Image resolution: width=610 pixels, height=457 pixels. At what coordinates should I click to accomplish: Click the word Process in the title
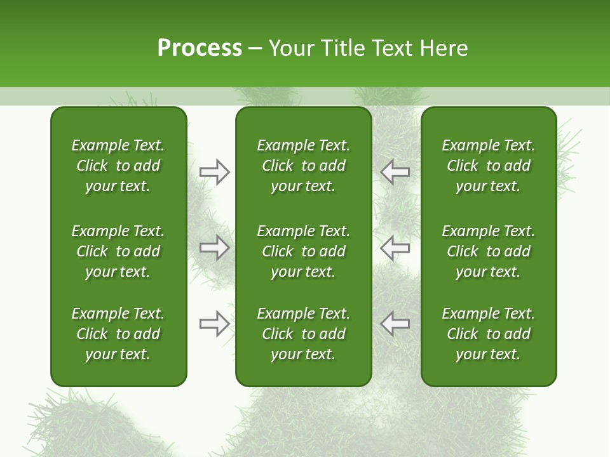point(200,48)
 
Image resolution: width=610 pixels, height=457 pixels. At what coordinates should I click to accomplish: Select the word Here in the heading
point(444,48)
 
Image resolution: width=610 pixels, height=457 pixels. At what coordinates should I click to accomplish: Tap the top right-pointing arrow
point(215,171)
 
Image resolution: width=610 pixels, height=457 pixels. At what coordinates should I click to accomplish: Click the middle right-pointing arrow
point(215,248)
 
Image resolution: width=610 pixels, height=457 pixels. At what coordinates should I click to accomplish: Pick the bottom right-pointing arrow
point(215,324)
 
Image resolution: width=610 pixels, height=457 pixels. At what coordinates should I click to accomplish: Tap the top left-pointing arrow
point(395,171)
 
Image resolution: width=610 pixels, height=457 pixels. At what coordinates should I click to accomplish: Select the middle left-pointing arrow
point(395,248)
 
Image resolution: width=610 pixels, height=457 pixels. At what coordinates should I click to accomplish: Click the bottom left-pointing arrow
point(395,324)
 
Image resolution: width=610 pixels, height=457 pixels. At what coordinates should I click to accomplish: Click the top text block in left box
point(118,166)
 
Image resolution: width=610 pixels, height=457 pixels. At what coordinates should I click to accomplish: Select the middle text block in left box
point(118,251)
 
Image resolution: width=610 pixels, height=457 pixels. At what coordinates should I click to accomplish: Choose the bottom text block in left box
point(118,334)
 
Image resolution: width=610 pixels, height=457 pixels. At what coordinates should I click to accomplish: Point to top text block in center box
point(303,166)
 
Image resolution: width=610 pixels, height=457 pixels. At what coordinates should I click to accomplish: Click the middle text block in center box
point(303,251)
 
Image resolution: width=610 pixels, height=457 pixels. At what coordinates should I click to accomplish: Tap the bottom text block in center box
point(303,334)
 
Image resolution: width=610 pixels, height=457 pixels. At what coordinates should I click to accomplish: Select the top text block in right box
point(489,166)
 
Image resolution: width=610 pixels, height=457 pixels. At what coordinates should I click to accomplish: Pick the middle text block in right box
point(489,251)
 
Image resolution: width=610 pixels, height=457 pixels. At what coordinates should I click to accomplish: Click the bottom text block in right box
point(489,334)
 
